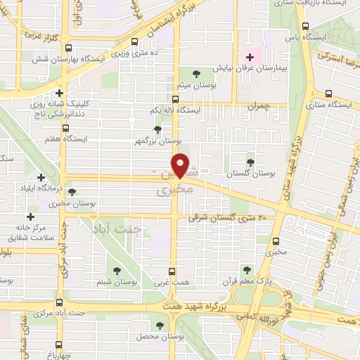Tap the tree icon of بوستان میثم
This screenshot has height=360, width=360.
click(195, 73)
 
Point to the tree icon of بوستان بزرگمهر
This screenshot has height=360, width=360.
click(157, 129)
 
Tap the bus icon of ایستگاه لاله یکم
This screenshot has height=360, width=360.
click(176, 100)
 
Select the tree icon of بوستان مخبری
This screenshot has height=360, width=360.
click(72, 191)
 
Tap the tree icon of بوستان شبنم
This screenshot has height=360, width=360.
click(117, 271)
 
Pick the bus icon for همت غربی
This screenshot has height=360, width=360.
click(174, 271)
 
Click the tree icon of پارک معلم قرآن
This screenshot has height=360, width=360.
click(247, 269)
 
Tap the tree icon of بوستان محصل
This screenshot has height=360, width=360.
click(160, 326)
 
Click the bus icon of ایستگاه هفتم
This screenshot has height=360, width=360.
click(65, 128)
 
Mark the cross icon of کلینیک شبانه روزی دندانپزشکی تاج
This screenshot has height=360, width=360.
click(60, 92)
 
